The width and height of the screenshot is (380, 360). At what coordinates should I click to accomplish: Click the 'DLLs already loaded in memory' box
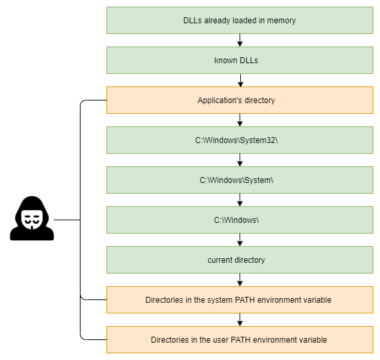pos(240,21)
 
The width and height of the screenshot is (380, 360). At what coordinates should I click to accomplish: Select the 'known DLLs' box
pos(240,61)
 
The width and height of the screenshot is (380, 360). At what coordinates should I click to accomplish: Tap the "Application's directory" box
pos(240,100)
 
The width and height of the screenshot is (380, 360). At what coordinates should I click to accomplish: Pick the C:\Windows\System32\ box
pos(240,140)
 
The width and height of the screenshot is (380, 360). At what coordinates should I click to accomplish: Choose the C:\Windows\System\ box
pos(240,180)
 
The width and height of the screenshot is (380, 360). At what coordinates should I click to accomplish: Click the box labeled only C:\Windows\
pos(240,220)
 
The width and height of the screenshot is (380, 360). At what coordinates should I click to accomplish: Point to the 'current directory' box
pos(240,260)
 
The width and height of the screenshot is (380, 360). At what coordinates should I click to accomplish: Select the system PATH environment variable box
pos(240,299)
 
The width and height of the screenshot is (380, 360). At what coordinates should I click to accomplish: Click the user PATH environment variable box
pos(240,339)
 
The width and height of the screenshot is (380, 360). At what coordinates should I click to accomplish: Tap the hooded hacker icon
pos(32,218)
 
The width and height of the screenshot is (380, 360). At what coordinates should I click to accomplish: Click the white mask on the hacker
pos(32,219)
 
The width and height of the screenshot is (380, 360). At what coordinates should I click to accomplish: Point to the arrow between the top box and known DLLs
pos(240,40)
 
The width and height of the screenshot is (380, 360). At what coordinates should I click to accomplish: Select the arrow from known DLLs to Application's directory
pos(240,81)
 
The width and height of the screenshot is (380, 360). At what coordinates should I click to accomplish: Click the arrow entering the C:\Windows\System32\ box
pos(240,120)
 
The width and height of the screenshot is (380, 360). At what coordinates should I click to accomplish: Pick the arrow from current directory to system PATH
pos(240,279)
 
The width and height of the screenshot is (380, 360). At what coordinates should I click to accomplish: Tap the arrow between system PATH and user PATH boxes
pos(240,320)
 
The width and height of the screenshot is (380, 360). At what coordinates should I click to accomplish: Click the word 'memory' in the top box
pos(281,21)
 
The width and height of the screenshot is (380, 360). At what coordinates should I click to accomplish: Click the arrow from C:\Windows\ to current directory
pos(240,240)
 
